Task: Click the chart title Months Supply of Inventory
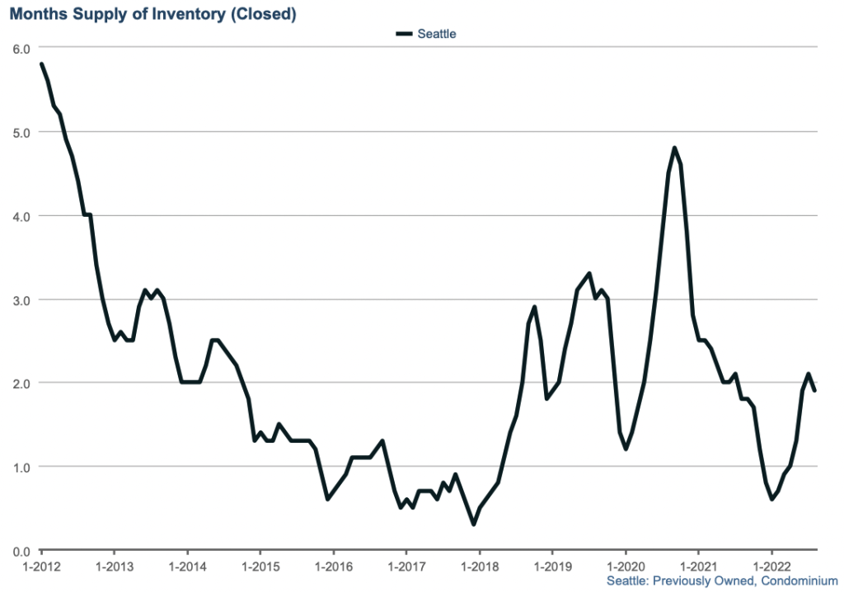click(x=153, y=14)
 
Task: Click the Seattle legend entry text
click(x=437, y=34)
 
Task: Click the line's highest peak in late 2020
click(x=674, y=148)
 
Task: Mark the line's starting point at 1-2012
click(x=41, y=64)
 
